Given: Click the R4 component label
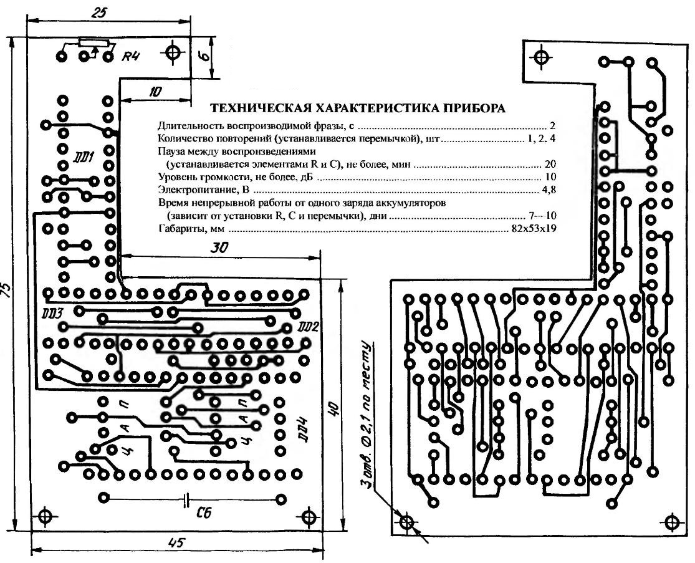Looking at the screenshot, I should tap(130, 57).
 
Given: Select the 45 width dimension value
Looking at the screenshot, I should tap(176, 542).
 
